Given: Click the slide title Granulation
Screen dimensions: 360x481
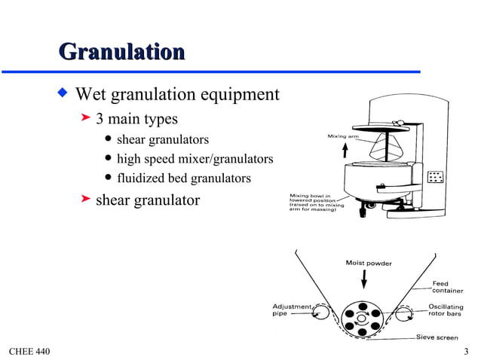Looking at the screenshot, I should [121, 52].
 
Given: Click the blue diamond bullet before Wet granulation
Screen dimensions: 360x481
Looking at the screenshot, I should [63, 94].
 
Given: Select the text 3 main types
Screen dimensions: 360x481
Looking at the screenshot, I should [136, 119].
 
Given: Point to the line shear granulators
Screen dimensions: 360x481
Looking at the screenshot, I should [162, 139].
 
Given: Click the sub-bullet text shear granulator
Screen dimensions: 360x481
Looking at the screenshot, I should [147, 200].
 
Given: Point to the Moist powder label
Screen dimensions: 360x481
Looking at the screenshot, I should [368, 263].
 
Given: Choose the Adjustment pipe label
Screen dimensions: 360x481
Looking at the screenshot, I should [291, 310].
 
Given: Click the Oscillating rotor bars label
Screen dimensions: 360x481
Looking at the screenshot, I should [445, 310].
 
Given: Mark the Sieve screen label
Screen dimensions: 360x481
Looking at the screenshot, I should [438, 337].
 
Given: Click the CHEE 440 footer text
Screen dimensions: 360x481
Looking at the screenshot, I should [28, 351].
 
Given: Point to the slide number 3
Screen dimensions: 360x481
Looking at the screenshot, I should [467, 351].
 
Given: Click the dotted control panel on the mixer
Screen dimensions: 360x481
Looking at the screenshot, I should [435, 178].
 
